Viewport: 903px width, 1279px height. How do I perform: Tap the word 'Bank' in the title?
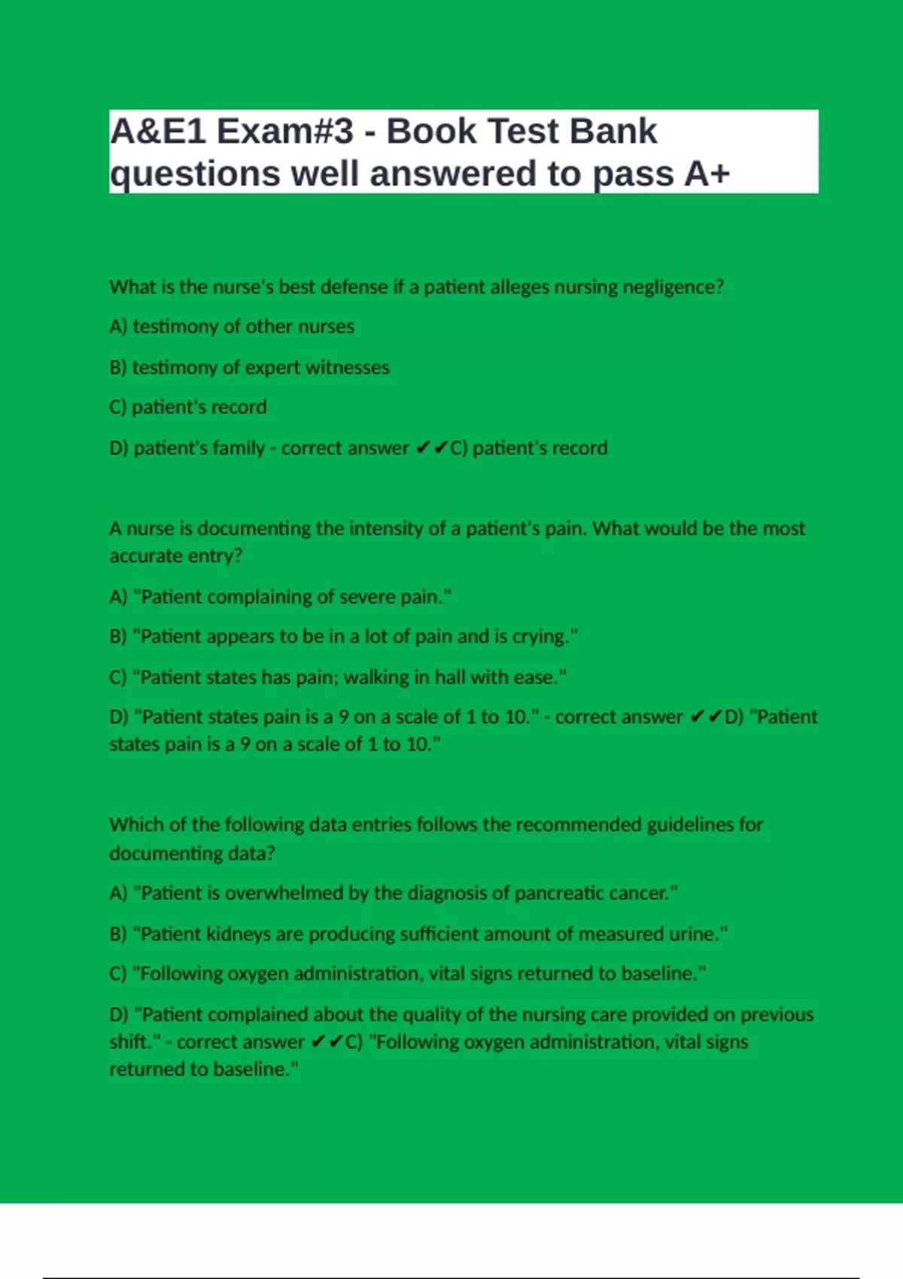click(613, 132)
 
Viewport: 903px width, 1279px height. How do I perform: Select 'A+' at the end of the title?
click(707, 174)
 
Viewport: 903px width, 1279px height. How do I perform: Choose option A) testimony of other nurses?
click(232, 327)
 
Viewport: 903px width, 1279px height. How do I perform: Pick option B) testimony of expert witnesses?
click(249, 367)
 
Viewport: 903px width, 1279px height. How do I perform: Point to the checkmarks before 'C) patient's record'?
click(431, 448)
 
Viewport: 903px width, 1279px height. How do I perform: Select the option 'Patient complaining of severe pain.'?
click(281, 597)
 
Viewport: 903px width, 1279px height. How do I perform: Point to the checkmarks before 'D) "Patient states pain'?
click(706, 717)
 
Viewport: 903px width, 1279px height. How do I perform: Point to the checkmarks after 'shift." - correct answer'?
click(327, 1042)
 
